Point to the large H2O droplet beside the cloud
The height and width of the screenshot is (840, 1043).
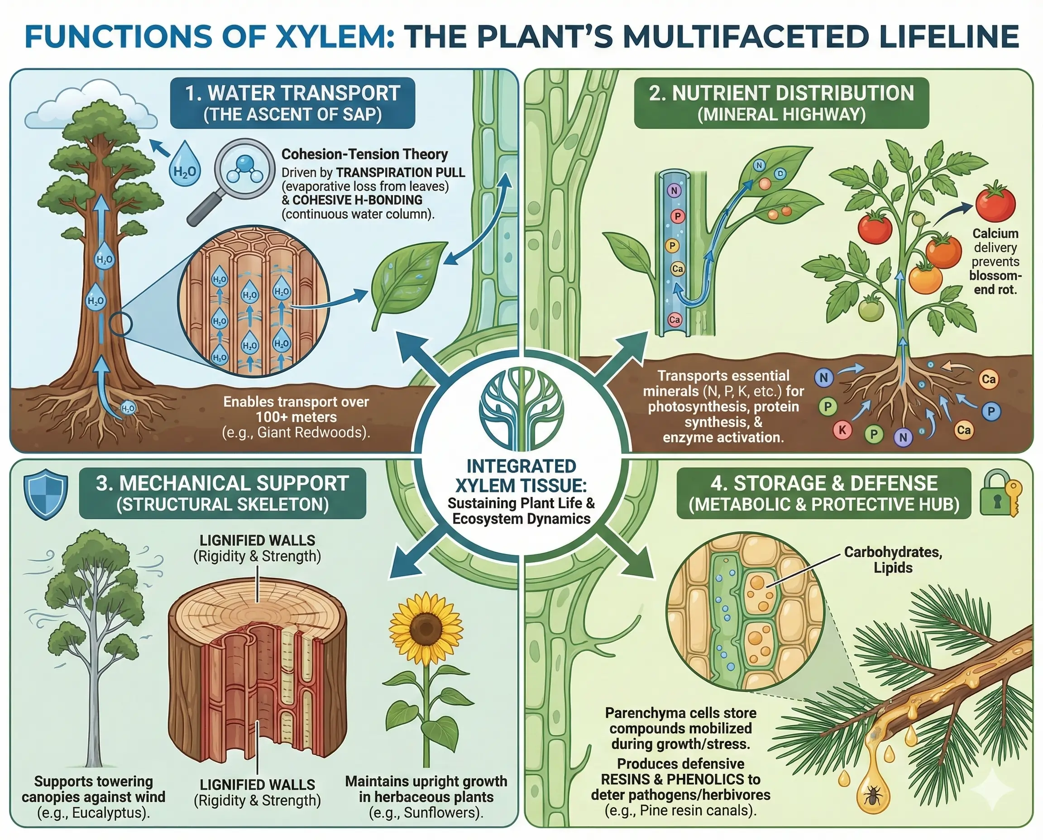click(x=185, y=165)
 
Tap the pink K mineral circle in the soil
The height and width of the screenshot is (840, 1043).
click(x=842, y=430)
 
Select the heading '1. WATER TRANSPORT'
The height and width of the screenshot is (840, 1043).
click(x=292, y=93)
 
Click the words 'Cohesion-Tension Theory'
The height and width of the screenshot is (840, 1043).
click(x=364, y=154)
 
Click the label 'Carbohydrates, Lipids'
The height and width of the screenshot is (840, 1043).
click(x=893, y=560)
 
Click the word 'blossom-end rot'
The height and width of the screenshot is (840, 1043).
click(x=995, y=282)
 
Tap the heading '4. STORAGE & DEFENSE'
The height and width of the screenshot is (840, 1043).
click(x=824, y=483)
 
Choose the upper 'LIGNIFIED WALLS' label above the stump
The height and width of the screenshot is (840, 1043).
click(x=257, y=540)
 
